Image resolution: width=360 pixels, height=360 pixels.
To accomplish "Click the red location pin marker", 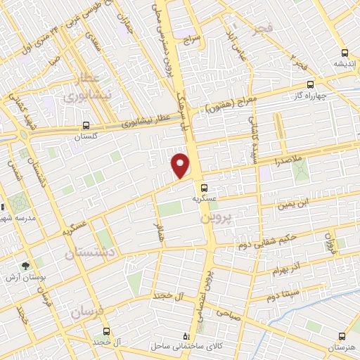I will (x=181, y=165).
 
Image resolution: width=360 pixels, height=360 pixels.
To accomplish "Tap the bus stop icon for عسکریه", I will (x=204, y=188).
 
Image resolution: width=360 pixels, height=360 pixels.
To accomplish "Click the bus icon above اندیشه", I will (x=344, y=53).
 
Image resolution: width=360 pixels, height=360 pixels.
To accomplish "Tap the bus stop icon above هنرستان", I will (x=342, y=337).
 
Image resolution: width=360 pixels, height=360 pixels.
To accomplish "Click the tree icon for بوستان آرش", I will (x=26, y=266).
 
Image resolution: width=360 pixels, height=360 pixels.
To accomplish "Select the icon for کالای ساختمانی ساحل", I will (x=186, y=336).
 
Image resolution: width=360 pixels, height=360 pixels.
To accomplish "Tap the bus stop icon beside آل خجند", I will (x=106, y=331).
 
